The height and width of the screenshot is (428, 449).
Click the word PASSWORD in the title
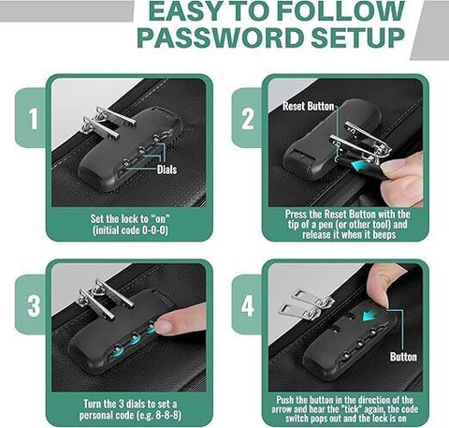221,38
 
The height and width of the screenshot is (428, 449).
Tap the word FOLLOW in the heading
340,11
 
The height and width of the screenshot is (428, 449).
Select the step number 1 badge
33,119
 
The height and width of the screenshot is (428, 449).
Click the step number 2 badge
248,119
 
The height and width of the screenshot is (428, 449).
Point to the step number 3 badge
34,306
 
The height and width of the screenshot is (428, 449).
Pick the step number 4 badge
248,306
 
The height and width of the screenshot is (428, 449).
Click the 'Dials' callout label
167,170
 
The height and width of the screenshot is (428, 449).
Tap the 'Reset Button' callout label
308,106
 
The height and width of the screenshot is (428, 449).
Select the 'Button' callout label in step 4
403,357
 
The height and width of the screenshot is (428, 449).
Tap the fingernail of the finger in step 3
164,327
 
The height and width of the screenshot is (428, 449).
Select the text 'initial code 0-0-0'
130,230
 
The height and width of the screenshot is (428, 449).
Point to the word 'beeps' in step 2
384,234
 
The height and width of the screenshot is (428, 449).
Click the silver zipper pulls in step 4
306,304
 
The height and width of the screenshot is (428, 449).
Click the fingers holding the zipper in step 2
402,178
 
